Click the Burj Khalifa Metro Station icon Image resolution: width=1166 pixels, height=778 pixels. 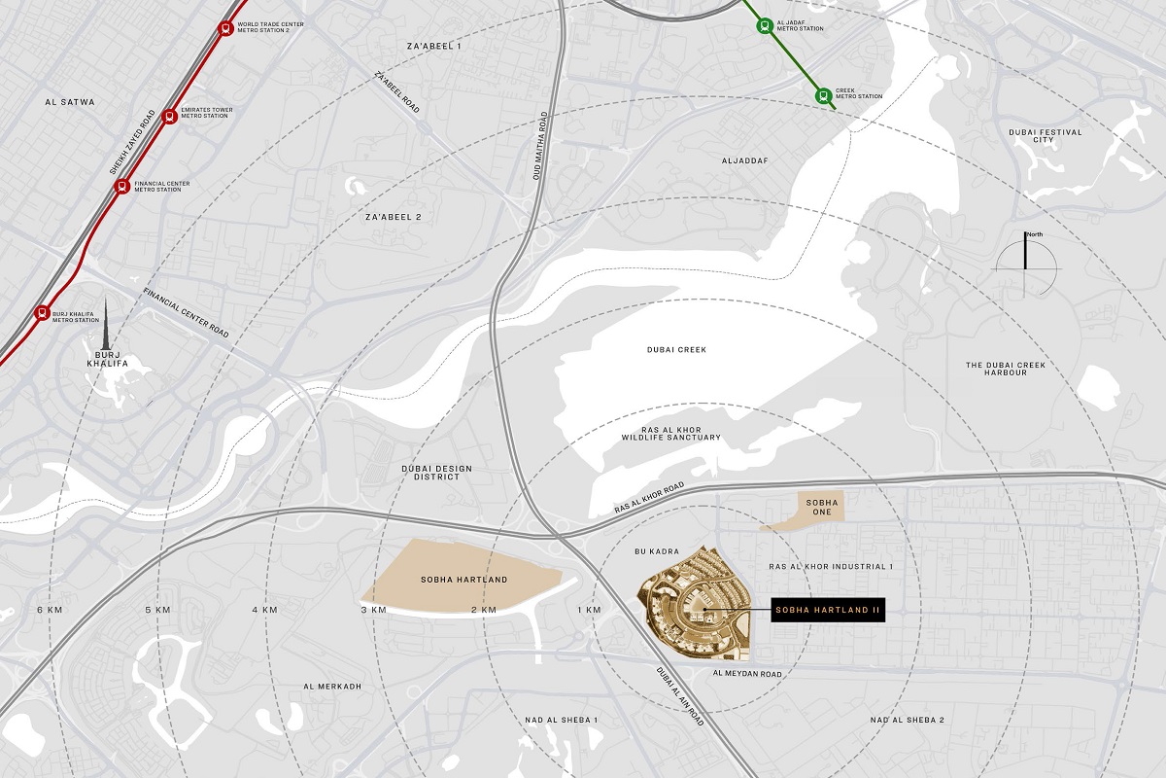pyautogui.click(x=42, y=313)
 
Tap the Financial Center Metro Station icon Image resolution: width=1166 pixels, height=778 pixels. pyautogui.click(x=122, y=186)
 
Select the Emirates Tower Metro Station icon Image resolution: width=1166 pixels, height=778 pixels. pyautogui.click(x=170, y=115)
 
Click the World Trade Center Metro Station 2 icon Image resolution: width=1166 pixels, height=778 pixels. pyautogui.click(x=226, y=28)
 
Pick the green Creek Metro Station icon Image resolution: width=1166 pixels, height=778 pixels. pyautogui.click(x=823, y=94)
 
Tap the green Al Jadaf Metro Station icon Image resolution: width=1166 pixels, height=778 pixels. pyautogui.click(x=765, y=26)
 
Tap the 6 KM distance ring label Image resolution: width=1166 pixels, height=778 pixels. pyautogui.click(x=49, y=610)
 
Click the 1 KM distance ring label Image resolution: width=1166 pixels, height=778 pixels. pyautogui.click(x=589, y=610)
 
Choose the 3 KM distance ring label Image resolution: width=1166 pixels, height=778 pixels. pyautogui.click(x=374, y=610)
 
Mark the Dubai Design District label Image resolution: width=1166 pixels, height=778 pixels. pyautogui.click(x=437, y=474)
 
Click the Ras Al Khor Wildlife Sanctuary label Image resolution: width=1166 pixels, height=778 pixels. pyautogui.click(x=671, y=433)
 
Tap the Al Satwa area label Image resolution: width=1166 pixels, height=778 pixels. pyautogui.click(x=70, y=101)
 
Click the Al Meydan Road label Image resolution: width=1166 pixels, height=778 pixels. pyautogui.click(x=747, y=672)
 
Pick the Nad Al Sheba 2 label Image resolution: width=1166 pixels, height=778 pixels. pyautogui.click(x=908, y=720)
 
